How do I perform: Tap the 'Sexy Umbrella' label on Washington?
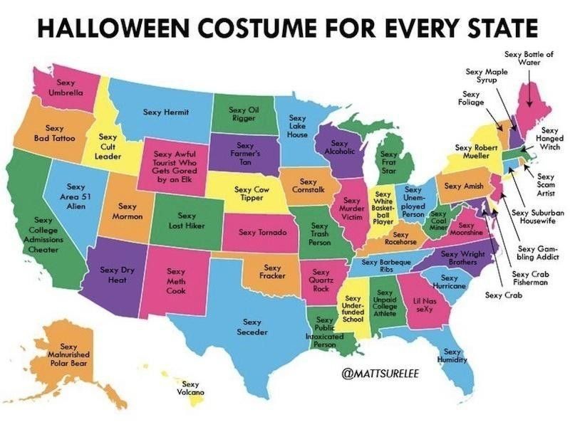66,88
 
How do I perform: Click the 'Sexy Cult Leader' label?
108,146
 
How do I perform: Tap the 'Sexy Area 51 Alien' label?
76,196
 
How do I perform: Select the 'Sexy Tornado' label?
262,232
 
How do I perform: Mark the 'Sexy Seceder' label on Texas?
255,327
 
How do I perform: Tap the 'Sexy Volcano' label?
190,388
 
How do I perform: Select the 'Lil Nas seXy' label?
424,305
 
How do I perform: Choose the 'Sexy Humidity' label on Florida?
450,356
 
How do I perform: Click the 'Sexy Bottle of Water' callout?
528,58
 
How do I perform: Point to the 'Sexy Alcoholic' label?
339,147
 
